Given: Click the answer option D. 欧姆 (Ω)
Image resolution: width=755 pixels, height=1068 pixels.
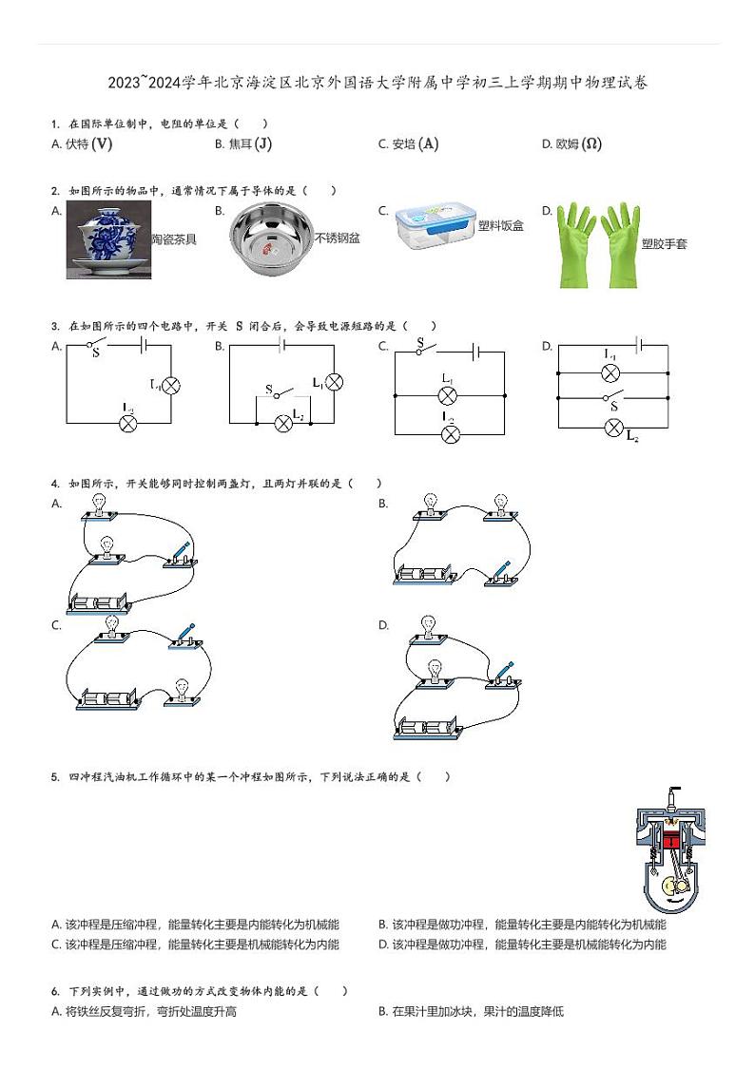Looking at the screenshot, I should pos(571,144).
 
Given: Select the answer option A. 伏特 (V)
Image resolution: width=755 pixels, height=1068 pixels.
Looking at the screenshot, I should pos(83,144).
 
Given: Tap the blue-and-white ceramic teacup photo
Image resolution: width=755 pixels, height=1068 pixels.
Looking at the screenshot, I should pos(108,239).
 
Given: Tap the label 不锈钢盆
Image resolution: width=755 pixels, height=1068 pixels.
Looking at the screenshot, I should pos(338,238).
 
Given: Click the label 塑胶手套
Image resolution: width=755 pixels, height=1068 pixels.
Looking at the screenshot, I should pos(664,244).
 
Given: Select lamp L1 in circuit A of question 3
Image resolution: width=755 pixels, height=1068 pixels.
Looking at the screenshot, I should pos(171,385).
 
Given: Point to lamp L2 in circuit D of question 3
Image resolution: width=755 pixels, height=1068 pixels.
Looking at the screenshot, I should pos(614,428).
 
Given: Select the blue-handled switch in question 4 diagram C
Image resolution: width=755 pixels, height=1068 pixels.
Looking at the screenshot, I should pos(186,637).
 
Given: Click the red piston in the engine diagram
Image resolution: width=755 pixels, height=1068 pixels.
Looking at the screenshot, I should pos(672,840).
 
